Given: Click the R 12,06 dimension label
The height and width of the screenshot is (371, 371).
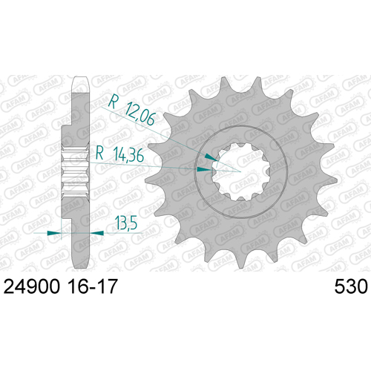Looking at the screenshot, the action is point(132,110).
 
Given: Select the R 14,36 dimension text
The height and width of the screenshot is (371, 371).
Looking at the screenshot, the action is point(119,154).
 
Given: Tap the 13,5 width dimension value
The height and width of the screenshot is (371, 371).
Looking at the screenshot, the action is point(126,223).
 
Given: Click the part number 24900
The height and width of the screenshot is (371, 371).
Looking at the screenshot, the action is point(32,287).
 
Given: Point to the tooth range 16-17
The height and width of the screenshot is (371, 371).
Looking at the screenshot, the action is point(93,287).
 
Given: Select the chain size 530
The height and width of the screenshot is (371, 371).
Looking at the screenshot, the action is point(351,287).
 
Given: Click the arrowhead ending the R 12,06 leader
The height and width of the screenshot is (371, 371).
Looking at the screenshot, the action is point(211,157).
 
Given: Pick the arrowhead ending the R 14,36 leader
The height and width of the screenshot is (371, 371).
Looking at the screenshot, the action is point(204,169).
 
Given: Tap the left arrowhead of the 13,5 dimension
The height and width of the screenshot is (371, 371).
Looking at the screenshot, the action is point(54,233).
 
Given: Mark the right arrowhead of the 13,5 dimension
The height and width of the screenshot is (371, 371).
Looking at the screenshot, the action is point(96,233).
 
